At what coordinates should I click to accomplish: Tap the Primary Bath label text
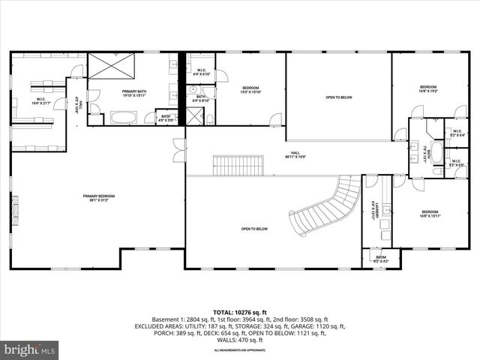pyautogui.click(x=136, y=93)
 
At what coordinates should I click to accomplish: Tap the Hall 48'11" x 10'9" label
pyautogui.click(x=295, y=156)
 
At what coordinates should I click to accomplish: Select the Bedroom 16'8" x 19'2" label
pyautogui.click(x=428, y=88)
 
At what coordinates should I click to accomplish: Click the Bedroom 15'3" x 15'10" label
pyautogui.click(x=250, y=90)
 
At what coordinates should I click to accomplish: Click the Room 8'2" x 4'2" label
pyautogui.click(x=381, y=259)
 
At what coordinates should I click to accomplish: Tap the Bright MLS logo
pyautogui.click(x=30, y=349)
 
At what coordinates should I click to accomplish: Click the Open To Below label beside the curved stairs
pyautogui.click(x=255, y=229)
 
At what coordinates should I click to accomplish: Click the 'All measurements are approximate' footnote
pyautogui.click(x=239, y=350)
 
